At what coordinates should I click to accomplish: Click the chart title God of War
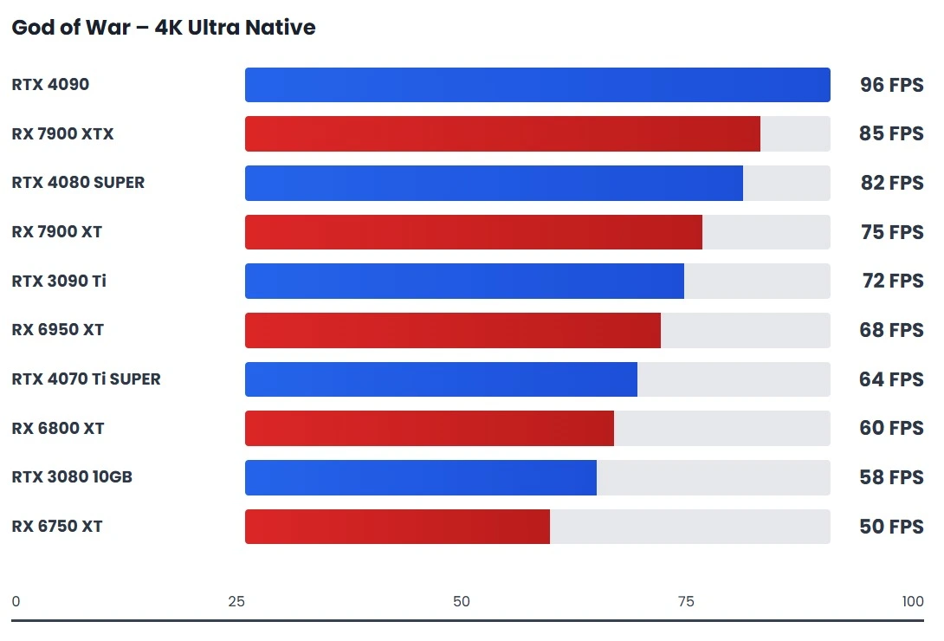(x=163, y=28)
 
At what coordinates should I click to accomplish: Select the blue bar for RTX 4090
(x=537, y=85)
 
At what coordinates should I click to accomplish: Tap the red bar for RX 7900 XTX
(x=502, y=134)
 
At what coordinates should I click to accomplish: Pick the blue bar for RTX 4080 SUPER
(x=494, y=183)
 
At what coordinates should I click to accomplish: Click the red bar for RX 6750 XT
(x=397, y=527)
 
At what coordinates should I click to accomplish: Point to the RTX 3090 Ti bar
(x=464, y=282)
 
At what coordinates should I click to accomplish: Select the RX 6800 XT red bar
(x=429, y=429)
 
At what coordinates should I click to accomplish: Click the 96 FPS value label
(x=891, y=85)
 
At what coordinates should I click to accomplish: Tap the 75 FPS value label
(x=891, y=232)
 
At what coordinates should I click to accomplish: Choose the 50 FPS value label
(x=891, y=527)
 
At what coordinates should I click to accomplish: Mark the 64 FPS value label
(x=891, y=379)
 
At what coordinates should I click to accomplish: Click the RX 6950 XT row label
(x=58, y=330)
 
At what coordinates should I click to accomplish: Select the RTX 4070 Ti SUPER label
(x=86, y=379)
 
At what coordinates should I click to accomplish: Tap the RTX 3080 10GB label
(x=72, y=477)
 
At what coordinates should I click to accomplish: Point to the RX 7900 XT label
(x=57, y=232)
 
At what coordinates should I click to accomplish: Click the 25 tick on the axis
(x=236, y=602)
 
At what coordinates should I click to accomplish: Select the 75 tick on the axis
(x=686, y=602)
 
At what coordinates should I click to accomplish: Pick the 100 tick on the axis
(x=912, y=602)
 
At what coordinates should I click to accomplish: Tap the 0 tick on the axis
(x=16, y=602)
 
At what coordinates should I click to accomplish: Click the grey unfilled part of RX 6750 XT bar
(x=689, y=527)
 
